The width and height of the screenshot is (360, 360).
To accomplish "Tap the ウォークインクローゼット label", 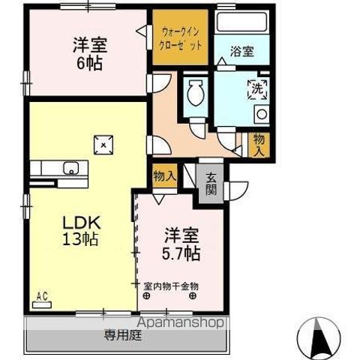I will click(181, 38).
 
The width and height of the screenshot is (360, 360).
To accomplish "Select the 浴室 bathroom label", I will click(241, 51).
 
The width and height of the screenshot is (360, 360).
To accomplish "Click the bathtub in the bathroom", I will click(241, 22).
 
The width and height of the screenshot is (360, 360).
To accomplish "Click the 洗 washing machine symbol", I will click(255, 87).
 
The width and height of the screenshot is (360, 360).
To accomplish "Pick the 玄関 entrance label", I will click(211, 184).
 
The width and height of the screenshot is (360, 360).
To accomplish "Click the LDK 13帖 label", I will click(80, 232).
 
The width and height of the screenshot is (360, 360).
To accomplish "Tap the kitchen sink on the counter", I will click(72, 167).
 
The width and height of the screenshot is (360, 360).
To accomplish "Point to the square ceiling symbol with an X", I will click(103, 142).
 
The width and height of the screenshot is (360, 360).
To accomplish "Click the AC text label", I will click(42, 297).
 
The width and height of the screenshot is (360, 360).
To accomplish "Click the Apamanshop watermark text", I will click(179, 323).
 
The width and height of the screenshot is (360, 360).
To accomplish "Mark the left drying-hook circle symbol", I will click(147, 295).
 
